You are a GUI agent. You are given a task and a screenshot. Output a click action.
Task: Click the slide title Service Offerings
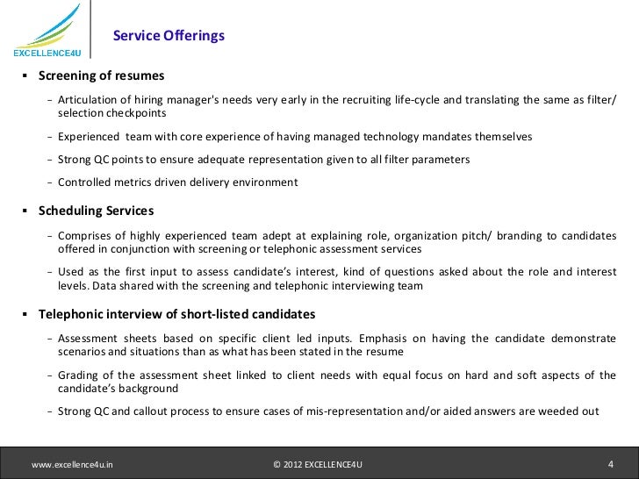click(x=169, y=36)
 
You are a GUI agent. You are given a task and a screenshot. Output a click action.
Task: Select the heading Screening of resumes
click(x=101, y=75)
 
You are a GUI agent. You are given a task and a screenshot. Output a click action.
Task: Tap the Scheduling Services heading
click(x=97, y=211)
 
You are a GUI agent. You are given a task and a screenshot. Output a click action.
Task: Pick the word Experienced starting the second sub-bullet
click(x=89, y=137)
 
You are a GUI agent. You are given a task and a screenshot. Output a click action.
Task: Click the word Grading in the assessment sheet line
click(x=78, y=375)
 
